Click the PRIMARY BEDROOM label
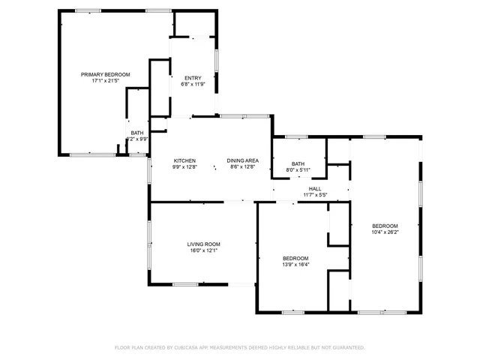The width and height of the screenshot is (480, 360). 106,74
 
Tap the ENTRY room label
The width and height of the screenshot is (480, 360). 193,78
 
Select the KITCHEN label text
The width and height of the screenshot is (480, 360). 185,160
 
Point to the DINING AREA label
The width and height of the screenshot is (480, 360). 244,160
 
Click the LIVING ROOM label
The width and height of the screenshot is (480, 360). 203,244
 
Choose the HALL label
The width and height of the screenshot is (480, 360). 315,189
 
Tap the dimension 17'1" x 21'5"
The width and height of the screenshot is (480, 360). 106,80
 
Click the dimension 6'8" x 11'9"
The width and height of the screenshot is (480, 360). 193,84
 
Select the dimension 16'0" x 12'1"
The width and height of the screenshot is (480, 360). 203,250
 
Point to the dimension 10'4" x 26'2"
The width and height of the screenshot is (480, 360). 385,232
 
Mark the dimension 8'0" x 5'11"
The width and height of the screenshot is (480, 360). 298,170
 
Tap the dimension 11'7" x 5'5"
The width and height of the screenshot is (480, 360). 315,195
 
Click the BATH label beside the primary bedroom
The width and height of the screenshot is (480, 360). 137,133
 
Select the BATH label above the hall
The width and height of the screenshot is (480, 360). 298,164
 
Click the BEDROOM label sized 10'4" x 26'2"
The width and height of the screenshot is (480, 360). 385,226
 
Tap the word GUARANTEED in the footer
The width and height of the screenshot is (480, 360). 347,347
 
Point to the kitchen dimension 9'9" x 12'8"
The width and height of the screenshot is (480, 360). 185,166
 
